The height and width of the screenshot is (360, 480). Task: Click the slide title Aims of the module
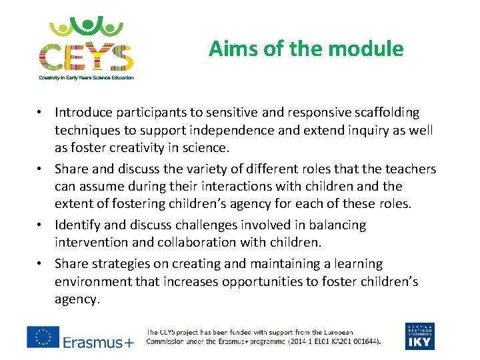click(306, 49)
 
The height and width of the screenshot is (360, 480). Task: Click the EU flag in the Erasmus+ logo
click(43, 337)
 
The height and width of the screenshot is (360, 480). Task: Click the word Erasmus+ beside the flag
click(98, 342)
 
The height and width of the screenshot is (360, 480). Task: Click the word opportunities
click(259, 282)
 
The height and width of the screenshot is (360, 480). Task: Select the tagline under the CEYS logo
click(86, 77)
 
